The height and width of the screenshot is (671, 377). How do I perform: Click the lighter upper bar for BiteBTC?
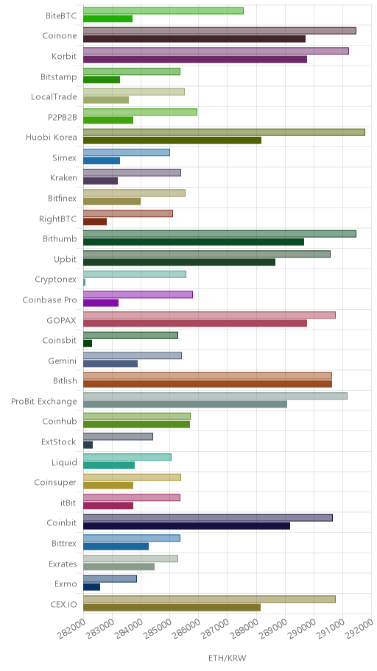pyautogui.click(x=163, y=11)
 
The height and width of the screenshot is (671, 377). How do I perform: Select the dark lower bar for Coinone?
pyautogui.click(x=194, y=39)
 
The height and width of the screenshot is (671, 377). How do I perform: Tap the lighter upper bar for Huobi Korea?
pyautogui.click(x=224, y=132)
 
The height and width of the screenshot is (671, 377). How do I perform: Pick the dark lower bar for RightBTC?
pyautogui.click(x=95, y=221)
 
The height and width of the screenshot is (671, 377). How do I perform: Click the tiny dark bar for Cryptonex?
pyautogui.click(x=84, y=283)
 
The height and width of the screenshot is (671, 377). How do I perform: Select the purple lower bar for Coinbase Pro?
pyautogui.click(x=101, y=303)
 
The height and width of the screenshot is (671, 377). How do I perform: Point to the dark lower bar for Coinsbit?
pyautogui.click(x=88, y=344)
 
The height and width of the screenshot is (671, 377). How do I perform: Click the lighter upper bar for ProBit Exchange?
pyautogui.click(x=215, y=397)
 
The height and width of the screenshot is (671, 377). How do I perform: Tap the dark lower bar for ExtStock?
pyautogui.click(x=88, y=445)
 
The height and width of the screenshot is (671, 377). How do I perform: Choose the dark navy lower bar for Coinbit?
pyautogui.click(x=186, y=526)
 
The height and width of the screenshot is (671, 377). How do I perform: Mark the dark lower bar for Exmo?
pyautogui.click(x=91, y=587)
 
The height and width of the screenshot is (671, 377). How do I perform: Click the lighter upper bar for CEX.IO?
pyautogui.click(x=209, y=600)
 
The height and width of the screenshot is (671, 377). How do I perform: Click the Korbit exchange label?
pyautogui.click(x=64, y=57)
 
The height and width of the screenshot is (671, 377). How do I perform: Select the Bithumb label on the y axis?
pyautogui.click(x=60, y=239)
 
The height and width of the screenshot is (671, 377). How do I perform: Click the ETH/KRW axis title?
pyautogui.click(x=228, y=658)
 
